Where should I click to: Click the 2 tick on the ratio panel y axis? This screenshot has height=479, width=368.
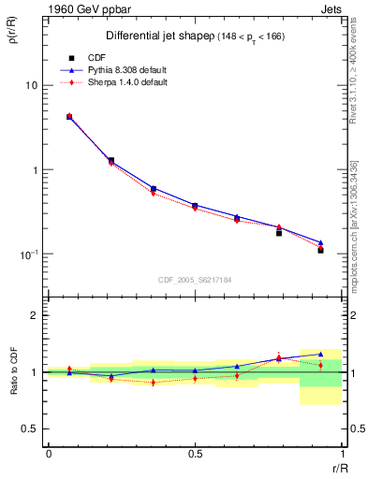[36, 315]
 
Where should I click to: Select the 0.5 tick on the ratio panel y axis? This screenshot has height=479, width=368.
[32, 428]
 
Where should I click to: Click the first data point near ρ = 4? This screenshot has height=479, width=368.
[69, 117]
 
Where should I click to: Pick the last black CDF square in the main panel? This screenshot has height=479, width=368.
[320, 250]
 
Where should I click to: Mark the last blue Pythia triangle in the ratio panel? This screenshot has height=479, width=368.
[320, 355]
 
